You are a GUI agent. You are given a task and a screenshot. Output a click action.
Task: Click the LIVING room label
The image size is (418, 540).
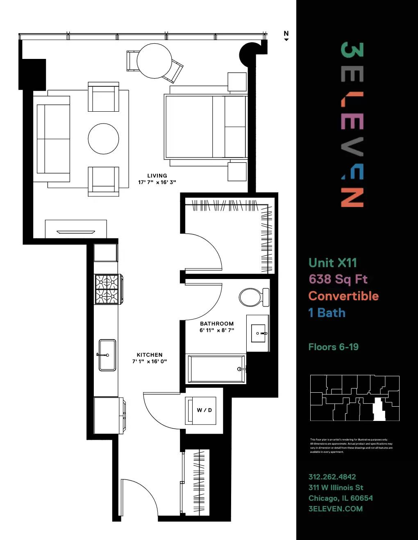click(157, 176)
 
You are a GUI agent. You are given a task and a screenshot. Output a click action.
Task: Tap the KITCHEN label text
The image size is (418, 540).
click(150, 355)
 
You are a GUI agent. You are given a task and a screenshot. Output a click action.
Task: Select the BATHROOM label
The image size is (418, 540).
click(217, 324)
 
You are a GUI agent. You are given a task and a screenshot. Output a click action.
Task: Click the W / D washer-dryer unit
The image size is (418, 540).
click(201, 410)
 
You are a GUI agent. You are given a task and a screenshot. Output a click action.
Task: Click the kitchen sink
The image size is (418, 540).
click(107, 355)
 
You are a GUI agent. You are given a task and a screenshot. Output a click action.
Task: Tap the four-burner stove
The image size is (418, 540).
click(107, 289)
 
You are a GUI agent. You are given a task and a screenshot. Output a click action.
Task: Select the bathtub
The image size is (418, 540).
click(216, 369)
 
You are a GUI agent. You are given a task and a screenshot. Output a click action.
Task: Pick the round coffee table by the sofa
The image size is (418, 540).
click(104, 139)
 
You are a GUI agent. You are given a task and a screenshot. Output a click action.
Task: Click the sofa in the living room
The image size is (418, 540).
click(52, 139)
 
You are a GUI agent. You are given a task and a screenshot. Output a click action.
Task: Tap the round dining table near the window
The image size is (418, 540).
click(154, 61)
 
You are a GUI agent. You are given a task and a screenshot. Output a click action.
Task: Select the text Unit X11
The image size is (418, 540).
click(332, 263)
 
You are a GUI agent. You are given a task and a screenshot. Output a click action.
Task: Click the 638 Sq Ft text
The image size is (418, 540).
click(338, 279)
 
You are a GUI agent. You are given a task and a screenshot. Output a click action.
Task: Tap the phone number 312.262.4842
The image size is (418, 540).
click(332, 477)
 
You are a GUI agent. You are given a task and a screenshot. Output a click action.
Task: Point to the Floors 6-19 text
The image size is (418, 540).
click(333, 347)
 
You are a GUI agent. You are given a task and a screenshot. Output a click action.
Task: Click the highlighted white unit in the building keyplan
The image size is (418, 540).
click(379, 410)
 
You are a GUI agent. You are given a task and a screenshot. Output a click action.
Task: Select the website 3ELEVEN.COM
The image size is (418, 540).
click(335, 509)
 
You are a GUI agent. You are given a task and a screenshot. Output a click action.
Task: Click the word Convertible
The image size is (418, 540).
click(343, 296)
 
